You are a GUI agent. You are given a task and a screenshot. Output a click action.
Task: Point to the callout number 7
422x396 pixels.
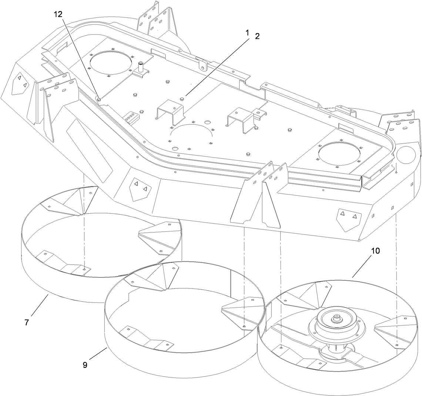(27, 322)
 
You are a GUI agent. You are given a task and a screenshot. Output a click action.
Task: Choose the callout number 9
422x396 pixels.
(85, 365)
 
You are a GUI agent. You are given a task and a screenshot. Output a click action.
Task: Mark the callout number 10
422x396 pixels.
(375, 251)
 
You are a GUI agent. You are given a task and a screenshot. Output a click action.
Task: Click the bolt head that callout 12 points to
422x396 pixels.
(100, 99)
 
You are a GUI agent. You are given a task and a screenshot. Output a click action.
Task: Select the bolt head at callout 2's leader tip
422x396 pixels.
(181, 98)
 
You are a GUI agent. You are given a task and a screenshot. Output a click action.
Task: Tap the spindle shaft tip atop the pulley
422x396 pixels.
(338, 317)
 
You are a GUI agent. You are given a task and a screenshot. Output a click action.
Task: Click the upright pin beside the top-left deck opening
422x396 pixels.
(141, 67)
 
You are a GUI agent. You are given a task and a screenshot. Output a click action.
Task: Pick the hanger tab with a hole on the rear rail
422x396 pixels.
(202, 67)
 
